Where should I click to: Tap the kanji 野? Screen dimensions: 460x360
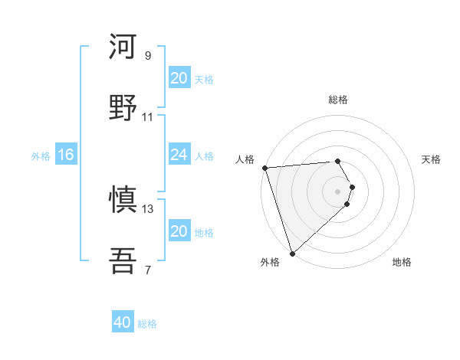click(123, 108)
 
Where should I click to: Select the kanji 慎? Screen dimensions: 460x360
click(123, 200)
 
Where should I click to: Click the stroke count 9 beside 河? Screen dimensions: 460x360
click(148, 55)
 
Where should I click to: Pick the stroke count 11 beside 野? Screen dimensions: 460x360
click(148, 116)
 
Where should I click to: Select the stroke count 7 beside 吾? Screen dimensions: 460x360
click(148, 270)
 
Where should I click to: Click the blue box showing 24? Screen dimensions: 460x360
click(179, 155)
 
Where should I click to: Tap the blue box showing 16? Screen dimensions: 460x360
click(66, 155)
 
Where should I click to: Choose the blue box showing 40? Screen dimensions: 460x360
click(123, 323)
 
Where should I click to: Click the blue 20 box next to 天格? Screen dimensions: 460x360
click(179, 78)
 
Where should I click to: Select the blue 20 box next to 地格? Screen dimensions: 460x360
click(179, 231)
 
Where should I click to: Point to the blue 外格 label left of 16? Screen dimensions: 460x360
click(41, 155)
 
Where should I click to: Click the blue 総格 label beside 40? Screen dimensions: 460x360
click(147, 324)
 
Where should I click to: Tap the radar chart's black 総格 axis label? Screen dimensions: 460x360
click(338, 100)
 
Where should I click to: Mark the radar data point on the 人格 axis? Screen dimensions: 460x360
click(264, 168)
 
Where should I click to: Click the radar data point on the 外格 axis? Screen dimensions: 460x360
click(292, 253)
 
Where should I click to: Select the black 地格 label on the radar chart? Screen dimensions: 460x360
click(402, 262)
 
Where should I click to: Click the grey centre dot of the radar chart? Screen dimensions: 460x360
click(338, 191)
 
